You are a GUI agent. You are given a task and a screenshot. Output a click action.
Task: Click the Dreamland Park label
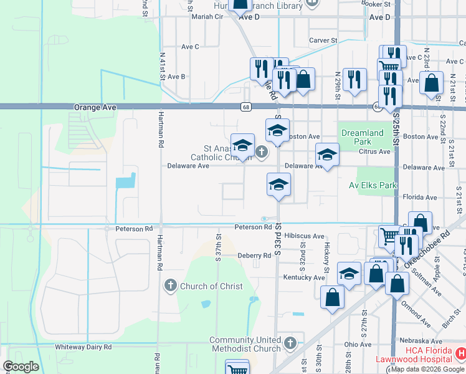coord(363,137)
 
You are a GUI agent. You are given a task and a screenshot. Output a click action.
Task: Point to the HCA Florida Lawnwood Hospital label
coord(414,355)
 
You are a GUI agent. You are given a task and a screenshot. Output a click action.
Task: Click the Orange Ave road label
coord(95,107)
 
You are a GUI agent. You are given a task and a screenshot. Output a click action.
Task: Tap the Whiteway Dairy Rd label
coord(83,347)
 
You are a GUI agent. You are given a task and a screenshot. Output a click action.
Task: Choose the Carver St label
coord(323,41)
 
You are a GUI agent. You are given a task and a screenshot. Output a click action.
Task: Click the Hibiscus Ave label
coord(304,237)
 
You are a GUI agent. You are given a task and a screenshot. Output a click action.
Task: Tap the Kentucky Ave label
coord(304,277)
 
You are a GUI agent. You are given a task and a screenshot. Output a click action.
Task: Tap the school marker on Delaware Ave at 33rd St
coord(278,185)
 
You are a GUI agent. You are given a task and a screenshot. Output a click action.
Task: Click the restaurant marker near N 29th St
coord(354,79)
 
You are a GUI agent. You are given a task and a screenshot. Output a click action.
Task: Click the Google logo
coord(21,366)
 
